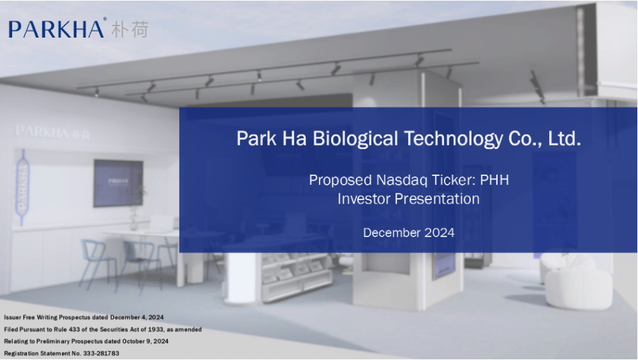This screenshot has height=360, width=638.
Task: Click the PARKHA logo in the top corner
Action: point(56,29)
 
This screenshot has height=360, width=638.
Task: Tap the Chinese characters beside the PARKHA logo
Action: point(130,30)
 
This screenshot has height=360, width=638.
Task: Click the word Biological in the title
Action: point(355,139)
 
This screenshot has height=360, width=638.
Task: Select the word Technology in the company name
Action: point(453,139)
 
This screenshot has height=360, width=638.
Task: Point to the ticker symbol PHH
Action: point(494,180)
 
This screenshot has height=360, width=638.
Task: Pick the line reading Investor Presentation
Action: point(408,199)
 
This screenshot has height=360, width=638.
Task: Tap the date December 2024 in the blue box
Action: point(408,232)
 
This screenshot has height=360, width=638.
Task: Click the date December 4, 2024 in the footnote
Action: point(137,317)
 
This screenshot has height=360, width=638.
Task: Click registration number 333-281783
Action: point(101,353)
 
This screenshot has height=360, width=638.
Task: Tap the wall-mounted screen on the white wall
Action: point(118,183)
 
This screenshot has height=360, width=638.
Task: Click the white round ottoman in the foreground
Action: point(578,289)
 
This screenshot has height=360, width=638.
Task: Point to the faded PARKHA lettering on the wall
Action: point(52,132)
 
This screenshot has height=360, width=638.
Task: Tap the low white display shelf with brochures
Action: point(296,277)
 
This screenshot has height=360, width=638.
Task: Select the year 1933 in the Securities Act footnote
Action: point(156,330)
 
